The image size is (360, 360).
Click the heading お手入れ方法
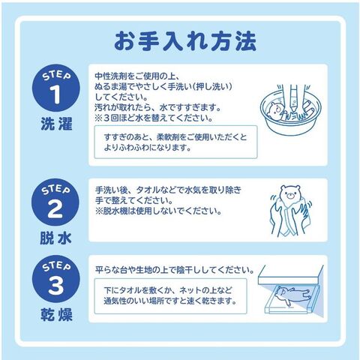pos(185,40)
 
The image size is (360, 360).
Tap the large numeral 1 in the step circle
pos(55,94)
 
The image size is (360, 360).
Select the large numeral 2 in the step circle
pos(55,208)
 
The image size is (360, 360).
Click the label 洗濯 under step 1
pos(56,124)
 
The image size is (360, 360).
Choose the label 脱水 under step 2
pos(55,238)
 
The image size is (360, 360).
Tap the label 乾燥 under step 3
pos(56,314)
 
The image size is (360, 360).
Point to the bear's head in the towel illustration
pos(289,193)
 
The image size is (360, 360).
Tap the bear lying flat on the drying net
pos(293,294)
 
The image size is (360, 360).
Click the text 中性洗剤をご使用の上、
pos(137,76)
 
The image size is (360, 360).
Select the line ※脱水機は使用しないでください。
pos(158,211)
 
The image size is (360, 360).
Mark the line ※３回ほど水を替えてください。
pos(154,118)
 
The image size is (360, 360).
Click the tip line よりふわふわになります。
pos(148,148)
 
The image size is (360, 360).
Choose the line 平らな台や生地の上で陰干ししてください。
pos(175,270)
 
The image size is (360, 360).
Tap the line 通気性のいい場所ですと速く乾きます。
pos(170,301)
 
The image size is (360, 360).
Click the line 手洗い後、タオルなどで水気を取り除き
pos(168,190)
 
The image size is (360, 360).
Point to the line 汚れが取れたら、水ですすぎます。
pos(158,108)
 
